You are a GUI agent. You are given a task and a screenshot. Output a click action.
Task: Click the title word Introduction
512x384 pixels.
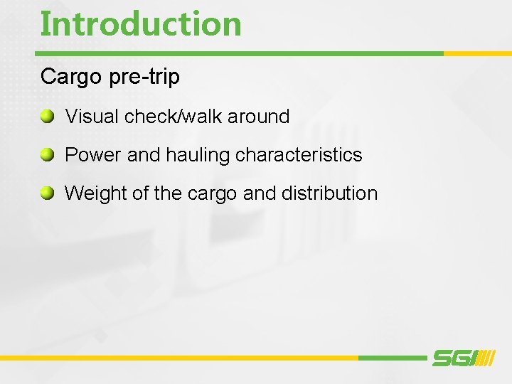pos(141,23)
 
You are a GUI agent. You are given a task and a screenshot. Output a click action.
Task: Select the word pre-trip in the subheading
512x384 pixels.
pos(144,77)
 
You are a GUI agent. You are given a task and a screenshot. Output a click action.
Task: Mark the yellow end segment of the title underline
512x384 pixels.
pos(476,53)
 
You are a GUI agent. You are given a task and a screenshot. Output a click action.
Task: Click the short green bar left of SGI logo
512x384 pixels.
pos(391,358)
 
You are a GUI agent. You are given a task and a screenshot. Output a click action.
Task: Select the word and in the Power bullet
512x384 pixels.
pos(144,154)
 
